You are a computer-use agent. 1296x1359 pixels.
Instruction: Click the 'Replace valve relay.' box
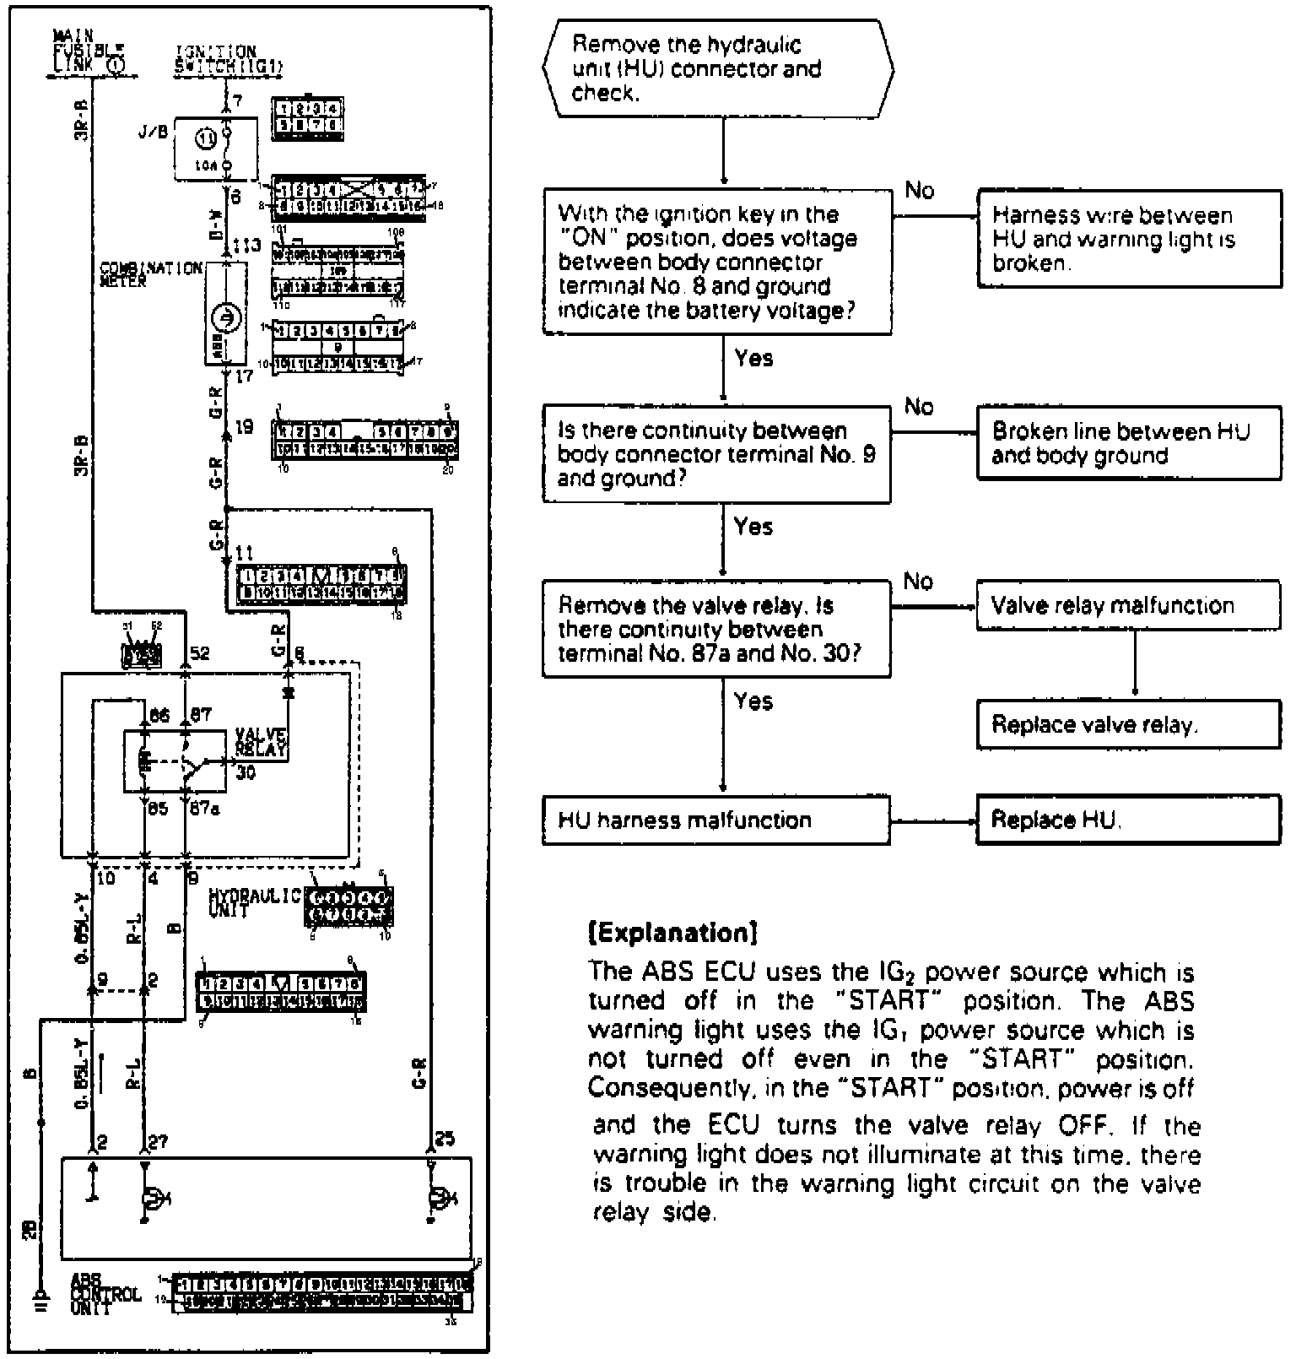[1128, 725]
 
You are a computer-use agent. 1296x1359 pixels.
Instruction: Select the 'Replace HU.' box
[1128, 820]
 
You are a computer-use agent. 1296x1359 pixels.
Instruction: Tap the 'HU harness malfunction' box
[715, 820]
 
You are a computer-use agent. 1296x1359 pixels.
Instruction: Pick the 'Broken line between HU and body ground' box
[1128, 444]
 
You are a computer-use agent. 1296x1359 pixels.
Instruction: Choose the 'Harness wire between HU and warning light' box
[1128, 239]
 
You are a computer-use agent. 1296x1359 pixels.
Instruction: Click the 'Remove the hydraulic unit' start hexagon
[718, 69]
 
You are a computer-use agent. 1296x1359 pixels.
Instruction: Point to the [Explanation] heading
[672, 933]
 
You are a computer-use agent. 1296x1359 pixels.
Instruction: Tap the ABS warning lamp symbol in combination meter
[226, 318]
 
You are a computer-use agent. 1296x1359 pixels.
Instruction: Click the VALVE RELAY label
[261, 741]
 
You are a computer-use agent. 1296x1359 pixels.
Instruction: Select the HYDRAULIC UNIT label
[253, 903]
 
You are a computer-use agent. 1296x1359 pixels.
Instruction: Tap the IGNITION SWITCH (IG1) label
[228, 59]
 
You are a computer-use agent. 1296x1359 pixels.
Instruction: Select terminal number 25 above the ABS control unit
[444, 1140]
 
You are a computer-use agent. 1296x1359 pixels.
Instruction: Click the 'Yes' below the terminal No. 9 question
[753, 527]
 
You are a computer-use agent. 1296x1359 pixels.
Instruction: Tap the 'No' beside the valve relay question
[918, 581]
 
